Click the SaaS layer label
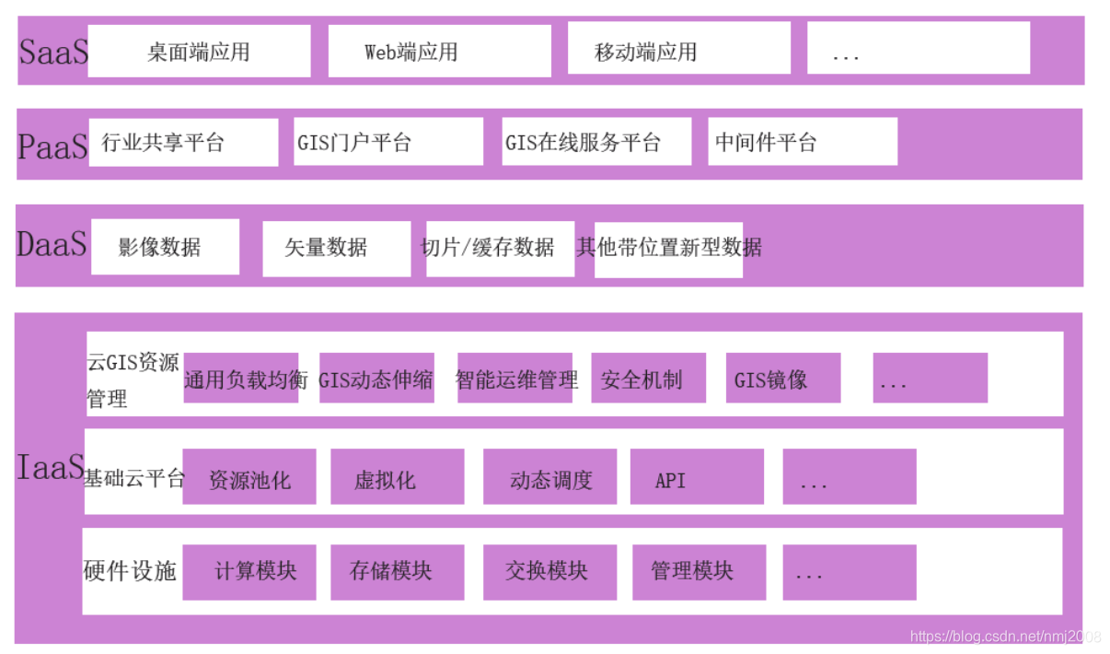tap(52, 52)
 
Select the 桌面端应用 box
tap(199, 52)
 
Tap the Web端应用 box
tap(439, 52)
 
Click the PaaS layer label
tap(52, 146)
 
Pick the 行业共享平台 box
tap(183, 143)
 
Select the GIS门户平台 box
tap(387, 143)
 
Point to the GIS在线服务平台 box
tap(595, 143)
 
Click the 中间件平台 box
tap(802, 142)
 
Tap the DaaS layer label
tap(52, 243)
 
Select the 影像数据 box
tap(165, 247)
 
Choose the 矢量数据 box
tap(336, 248)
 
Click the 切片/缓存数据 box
tap(499, 248)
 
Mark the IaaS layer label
tap(50, 468)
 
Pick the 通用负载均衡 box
tap(241, 379)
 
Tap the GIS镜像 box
tap(782, 379)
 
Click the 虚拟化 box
tap(397, 478)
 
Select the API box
tap(697, 478)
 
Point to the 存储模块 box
tap(397, 572)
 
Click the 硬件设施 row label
tap(130, 571)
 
